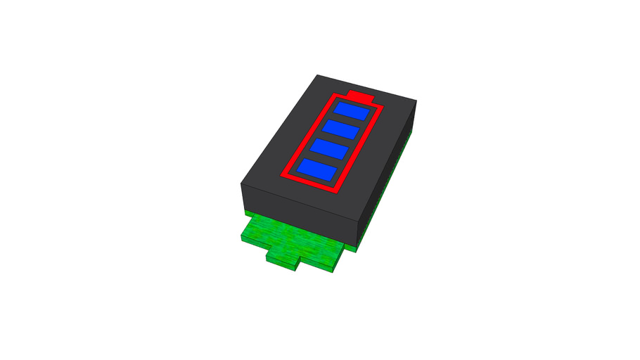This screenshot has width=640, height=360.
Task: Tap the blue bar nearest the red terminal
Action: point(352,111)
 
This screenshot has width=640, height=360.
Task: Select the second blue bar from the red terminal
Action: point(339,130)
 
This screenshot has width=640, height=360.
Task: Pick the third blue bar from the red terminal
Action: point(327,149)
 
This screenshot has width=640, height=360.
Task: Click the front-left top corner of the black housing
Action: point(241,184)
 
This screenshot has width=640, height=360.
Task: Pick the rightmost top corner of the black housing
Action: point(417,101)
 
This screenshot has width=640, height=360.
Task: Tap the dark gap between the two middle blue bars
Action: point(333,139)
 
